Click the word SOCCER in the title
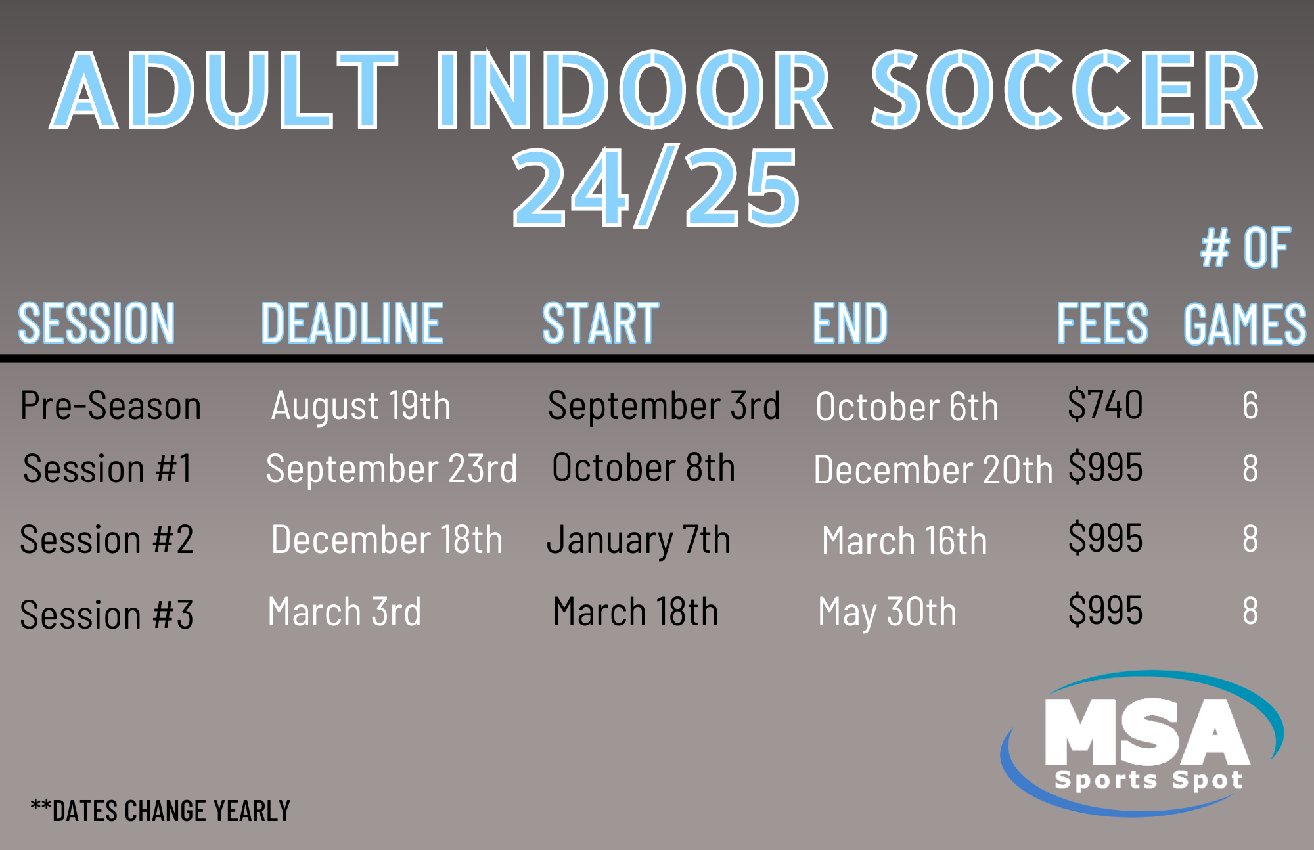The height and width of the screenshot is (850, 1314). coord(1067,89)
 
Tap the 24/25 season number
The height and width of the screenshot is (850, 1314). coord(656,187)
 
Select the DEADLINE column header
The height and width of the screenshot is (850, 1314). coord(352,323)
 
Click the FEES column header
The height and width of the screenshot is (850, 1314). coord(1102,323)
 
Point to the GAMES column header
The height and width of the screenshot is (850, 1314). coord(1244,323)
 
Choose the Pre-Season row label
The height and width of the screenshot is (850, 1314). coord(110,405)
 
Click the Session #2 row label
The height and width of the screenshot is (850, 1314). coord(106,539)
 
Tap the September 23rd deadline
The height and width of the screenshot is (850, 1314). coord(392,469)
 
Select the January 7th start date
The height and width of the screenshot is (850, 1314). coord(639,541)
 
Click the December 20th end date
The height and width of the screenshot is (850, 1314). coord(933,470)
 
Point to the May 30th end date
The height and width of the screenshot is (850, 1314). coord(887,613)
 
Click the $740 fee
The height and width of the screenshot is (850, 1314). coord(1105,405)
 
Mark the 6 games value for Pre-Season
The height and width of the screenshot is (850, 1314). coord(1250,405)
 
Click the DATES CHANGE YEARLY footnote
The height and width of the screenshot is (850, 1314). coord(160,811)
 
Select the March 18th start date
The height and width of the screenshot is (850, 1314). coord(635,612)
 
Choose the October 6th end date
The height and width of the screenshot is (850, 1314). coord(907,407)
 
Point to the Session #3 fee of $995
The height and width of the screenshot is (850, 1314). coord(1105,610)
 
